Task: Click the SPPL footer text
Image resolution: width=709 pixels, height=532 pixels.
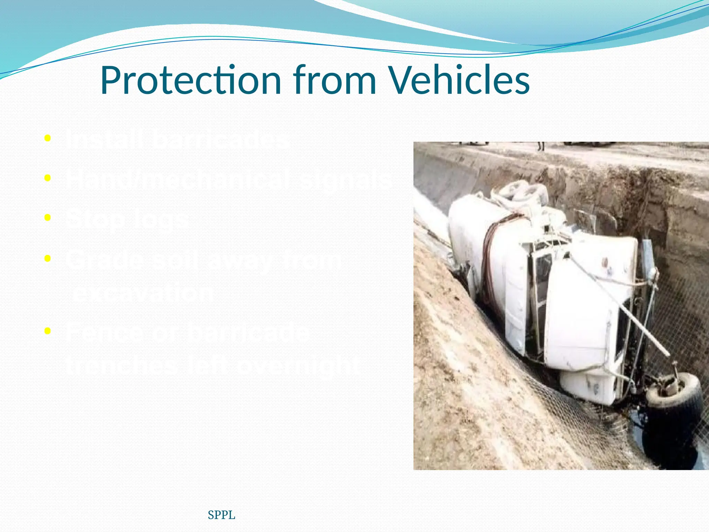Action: [x=222, y=515]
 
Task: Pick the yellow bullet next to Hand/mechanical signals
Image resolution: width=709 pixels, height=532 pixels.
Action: [x=48, y=178]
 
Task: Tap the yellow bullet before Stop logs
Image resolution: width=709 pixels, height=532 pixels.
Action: [x=48, y=218]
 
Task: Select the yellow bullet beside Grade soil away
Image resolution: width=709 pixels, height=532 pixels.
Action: [x=48, y=258]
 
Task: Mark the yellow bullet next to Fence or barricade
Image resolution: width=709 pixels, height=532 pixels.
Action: [x=48, y=331]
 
